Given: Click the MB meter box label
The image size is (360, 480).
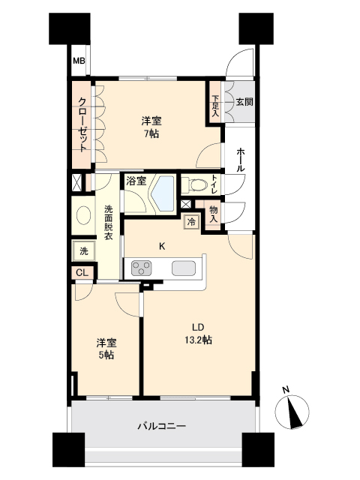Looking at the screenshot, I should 78,62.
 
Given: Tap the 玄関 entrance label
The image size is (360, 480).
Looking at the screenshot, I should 243,100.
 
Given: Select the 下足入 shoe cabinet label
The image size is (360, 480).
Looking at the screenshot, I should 215,101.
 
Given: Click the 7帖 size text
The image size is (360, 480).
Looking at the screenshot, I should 152,134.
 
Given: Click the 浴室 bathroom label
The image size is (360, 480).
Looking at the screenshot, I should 136,181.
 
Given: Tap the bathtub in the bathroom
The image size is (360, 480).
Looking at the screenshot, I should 161,193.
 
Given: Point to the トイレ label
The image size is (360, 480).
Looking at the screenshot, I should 214,184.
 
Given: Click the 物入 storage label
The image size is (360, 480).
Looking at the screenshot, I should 214,213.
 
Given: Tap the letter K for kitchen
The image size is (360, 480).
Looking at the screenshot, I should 162,244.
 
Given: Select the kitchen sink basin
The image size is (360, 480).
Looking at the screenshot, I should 183,267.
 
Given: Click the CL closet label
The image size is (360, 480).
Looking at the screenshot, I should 81,273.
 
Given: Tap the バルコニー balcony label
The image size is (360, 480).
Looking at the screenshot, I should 161,426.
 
